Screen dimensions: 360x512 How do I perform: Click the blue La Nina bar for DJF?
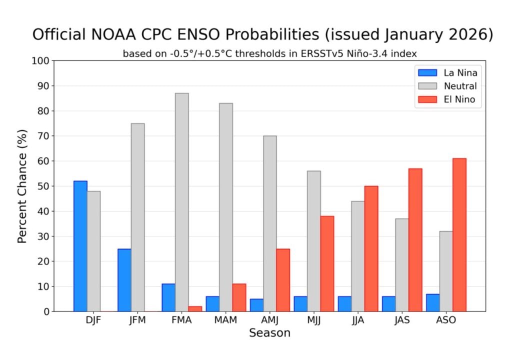coord(80,246)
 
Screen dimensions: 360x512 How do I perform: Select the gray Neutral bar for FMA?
coord(182,202)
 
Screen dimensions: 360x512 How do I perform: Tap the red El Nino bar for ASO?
coord(459,235)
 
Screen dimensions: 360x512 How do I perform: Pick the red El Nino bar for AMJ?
coord(283,280)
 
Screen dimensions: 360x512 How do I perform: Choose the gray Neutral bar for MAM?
coord(226,207)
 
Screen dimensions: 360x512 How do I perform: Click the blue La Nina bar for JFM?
coord(124,280)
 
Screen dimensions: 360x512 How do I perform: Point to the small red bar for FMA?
coord(195,309)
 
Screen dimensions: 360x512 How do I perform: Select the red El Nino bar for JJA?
coord(371,248)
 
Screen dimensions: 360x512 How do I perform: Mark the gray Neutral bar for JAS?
coord(402,265)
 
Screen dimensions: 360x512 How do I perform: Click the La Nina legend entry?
coord(460,73)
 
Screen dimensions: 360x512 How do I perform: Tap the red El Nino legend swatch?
coord(426,99)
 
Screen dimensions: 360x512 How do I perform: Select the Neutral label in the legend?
coord(460,86)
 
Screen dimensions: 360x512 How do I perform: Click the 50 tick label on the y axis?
coord(43,186)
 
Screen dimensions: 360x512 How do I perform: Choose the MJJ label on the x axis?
coord(314,320)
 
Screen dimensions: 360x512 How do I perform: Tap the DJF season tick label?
coord(93,320)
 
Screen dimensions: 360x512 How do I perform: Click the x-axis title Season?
coord(269,333)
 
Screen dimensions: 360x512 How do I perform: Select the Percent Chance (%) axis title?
coord(22,186)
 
